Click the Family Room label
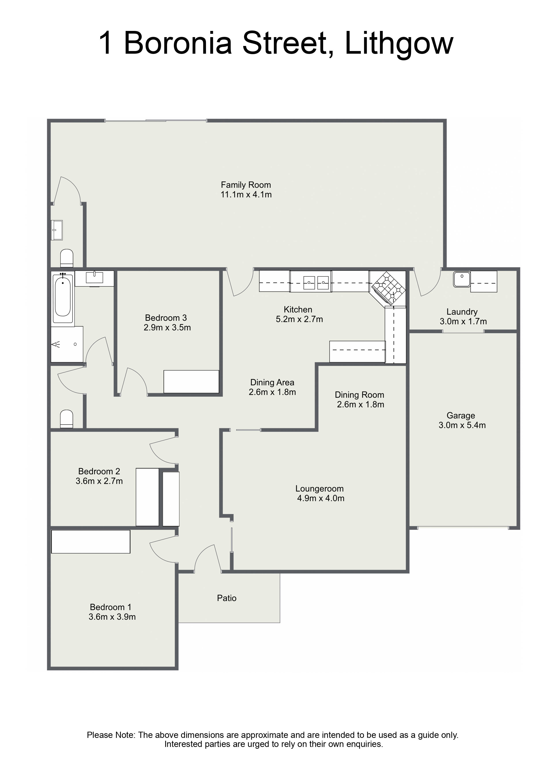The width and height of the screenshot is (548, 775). point(246,185)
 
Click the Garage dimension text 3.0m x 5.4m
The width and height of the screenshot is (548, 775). point(462,425)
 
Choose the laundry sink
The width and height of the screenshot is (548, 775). point(462,279)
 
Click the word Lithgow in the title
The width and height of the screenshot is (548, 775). point(399,44)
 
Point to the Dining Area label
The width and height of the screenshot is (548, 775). point(272,382)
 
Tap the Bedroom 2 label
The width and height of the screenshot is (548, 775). point(99,471)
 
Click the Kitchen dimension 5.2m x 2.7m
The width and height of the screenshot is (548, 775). point(299,319)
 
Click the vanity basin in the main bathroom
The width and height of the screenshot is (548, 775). point(94,278)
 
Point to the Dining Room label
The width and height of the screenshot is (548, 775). point(359,395)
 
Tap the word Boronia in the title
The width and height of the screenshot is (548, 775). point(178,44)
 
